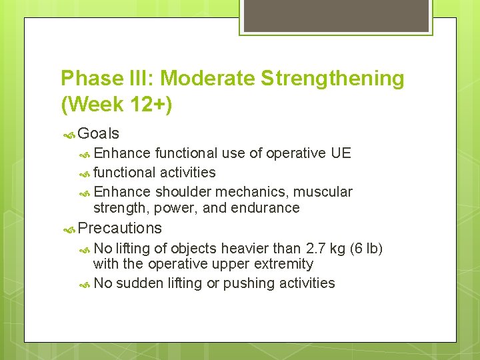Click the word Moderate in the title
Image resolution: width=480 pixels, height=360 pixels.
[207, 79]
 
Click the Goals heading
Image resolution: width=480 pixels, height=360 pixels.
[99, 134]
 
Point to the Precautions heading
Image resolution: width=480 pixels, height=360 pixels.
[119, 228]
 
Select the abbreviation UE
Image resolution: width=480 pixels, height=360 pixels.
[341, 153]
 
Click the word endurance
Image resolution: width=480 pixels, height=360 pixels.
[265, 208]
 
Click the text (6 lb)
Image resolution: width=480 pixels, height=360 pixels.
[367, 249]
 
